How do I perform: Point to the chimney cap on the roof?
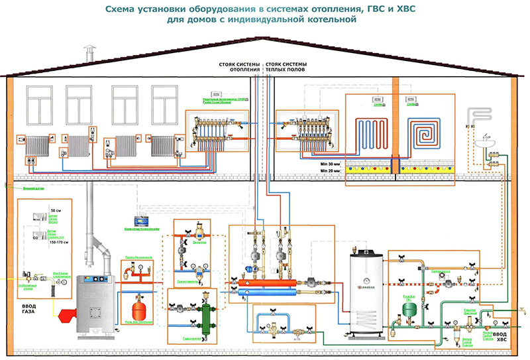[x=85, y=52]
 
